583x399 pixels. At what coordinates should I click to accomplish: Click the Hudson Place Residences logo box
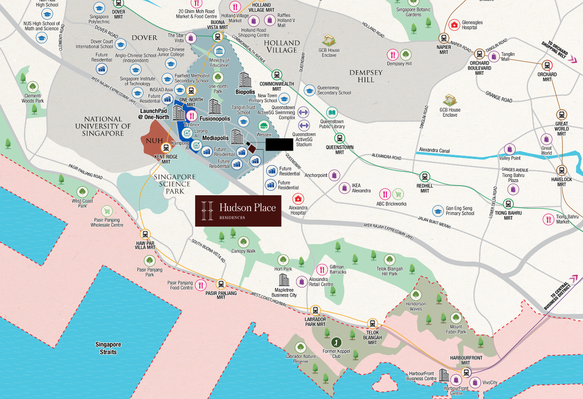coord(238,210)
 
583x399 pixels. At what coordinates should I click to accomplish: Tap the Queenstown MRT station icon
coord(339,138)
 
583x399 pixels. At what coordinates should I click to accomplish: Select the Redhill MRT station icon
coord(425,176)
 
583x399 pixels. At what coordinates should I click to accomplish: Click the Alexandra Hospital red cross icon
coord(298,199)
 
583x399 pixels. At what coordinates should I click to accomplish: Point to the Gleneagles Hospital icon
coord(454,25)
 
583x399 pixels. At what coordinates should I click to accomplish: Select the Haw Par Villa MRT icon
coord(145,234)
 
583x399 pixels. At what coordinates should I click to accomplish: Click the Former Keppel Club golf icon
coord(336,342)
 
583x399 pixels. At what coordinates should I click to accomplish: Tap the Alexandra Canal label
coord(433,151)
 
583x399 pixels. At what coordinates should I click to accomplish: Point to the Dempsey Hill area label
coord(366,76)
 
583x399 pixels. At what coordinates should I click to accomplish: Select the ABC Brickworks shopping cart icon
coord(398,194)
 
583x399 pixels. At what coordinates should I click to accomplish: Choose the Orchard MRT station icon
coord(547,65)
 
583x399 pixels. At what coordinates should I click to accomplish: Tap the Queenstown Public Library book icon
coord(332,113)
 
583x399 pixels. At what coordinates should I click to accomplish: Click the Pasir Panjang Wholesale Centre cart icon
coord(107,211)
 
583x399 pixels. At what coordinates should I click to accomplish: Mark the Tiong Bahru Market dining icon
coord(548,219)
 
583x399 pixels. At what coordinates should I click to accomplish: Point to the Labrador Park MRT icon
coord(315,311)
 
